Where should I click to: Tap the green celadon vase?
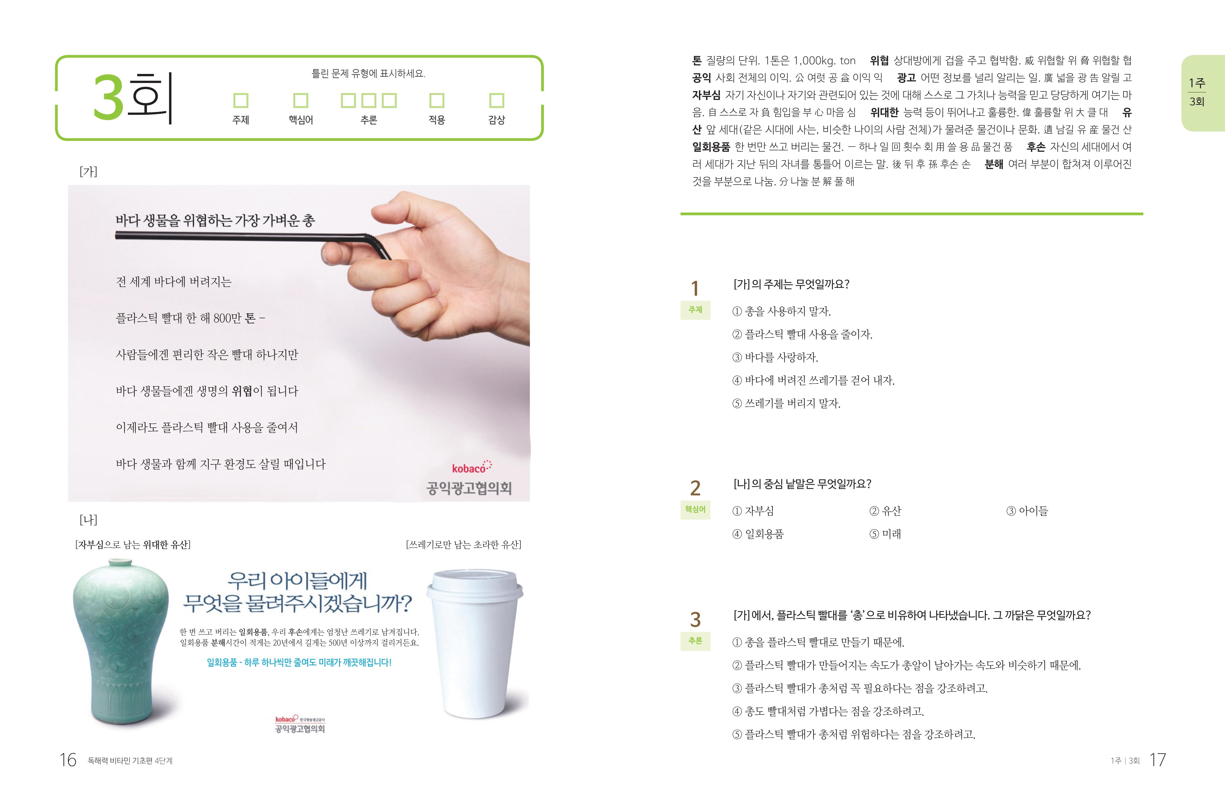(121, 644)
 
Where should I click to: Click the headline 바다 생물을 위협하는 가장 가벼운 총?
(215, 221)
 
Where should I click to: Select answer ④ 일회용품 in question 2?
(758, 534)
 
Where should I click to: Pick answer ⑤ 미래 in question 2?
(885, 534)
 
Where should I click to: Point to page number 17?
(1157, 760)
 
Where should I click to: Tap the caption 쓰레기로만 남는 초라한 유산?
(463, 545)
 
